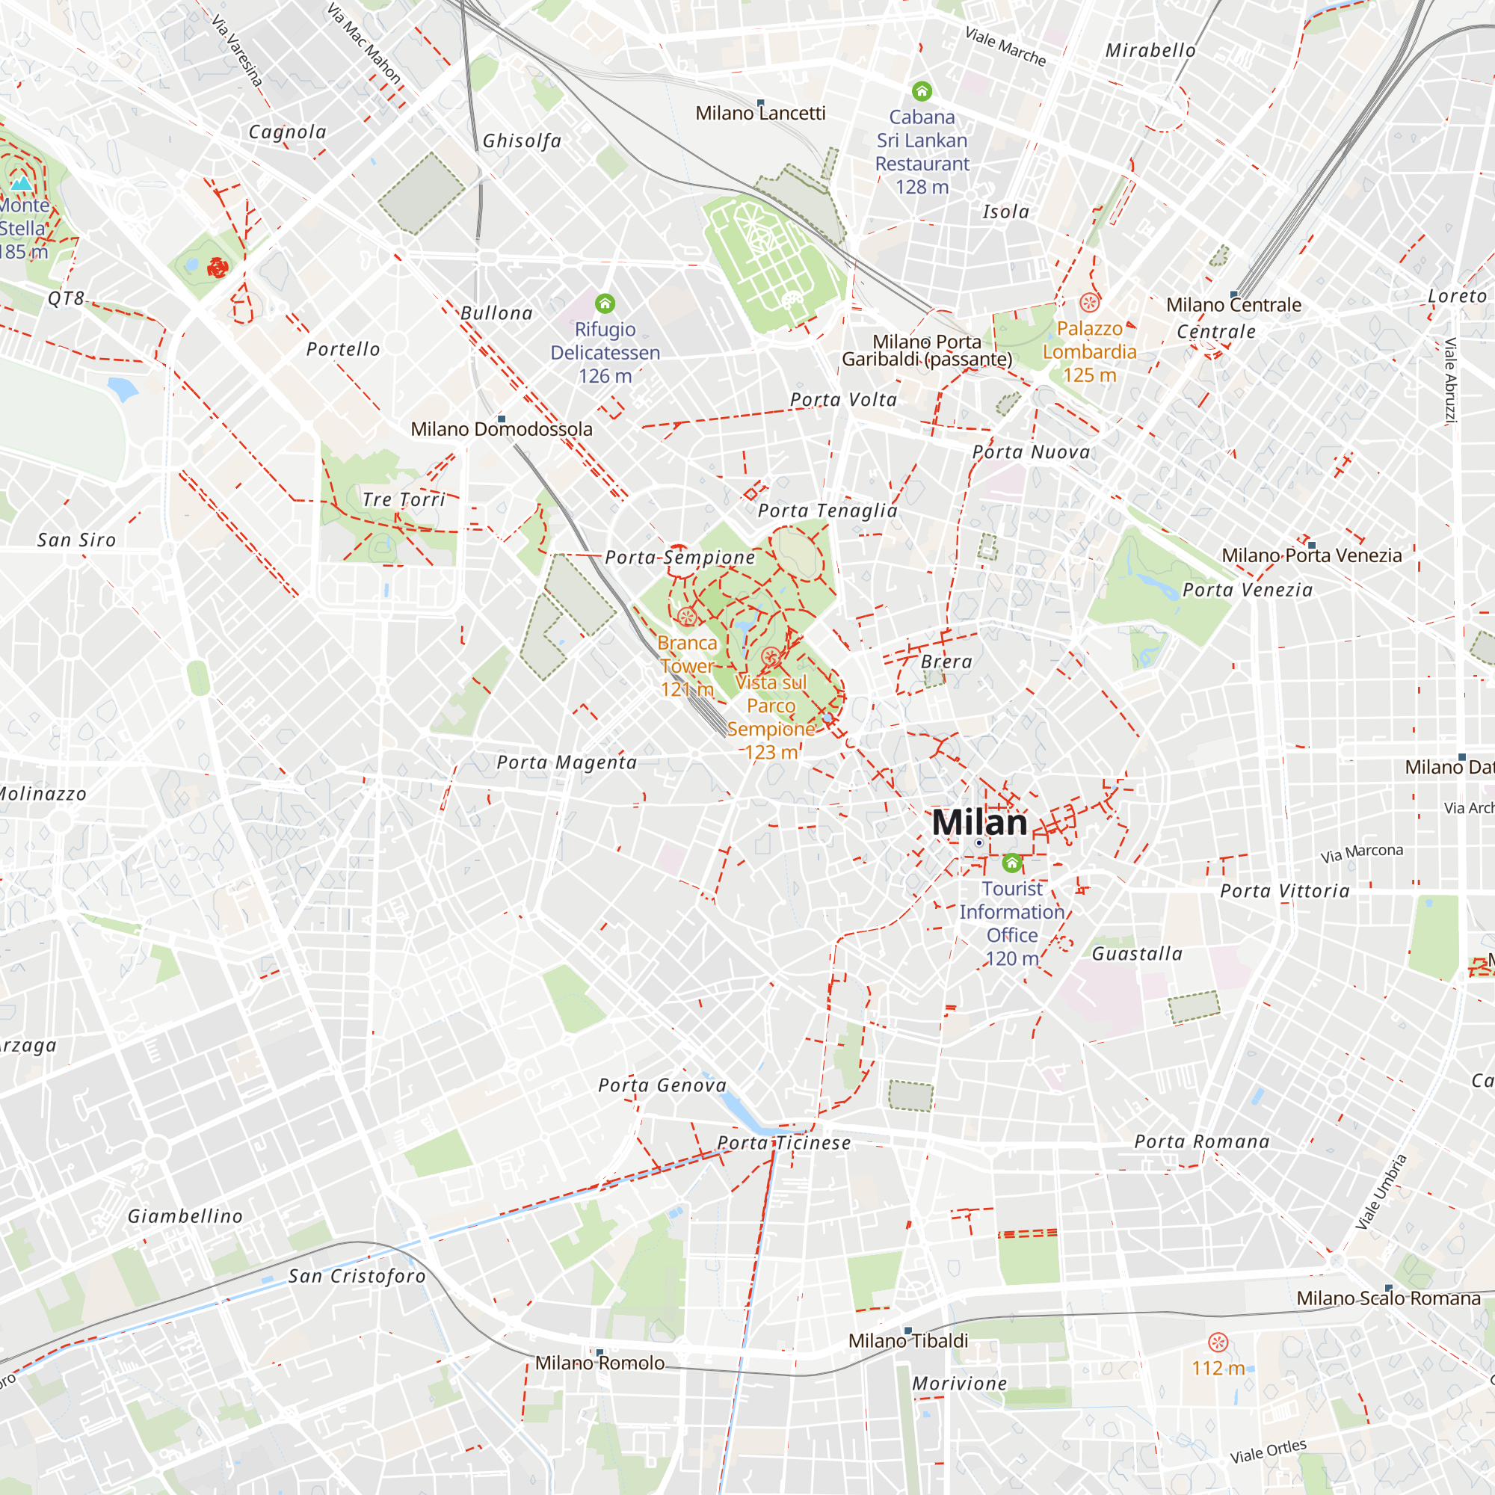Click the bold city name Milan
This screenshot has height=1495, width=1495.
979,822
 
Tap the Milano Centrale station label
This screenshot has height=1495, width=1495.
1233,305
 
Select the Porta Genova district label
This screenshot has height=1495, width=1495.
662,1085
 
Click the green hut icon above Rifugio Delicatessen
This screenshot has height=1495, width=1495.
605,303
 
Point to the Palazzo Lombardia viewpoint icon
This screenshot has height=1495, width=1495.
1090,303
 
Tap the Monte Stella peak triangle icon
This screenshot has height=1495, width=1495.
22,183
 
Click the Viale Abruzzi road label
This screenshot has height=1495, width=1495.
1450,380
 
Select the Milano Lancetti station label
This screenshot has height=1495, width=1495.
760,114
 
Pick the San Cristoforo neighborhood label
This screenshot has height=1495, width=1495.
357,1276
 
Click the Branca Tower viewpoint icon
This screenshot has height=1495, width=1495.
686,617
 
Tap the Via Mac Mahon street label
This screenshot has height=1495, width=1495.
364,43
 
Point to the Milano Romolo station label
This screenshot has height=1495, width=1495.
599,1363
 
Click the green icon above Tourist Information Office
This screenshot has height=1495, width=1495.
1011,863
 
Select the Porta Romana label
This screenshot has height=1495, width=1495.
1202,1141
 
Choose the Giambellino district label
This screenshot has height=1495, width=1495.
185,1215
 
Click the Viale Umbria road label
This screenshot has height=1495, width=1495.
1381,1192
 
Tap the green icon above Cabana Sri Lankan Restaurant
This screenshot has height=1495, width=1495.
922,91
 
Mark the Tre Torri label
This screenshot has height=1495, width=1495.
404,500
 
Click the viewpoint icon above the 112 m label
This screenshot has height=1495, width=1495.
1218,1343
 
